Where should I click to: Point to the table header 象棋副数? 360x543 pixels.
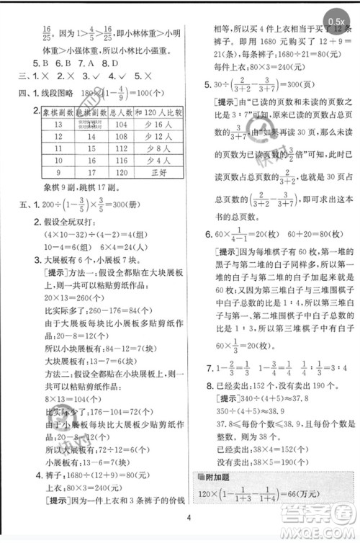tap(52, 113)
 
